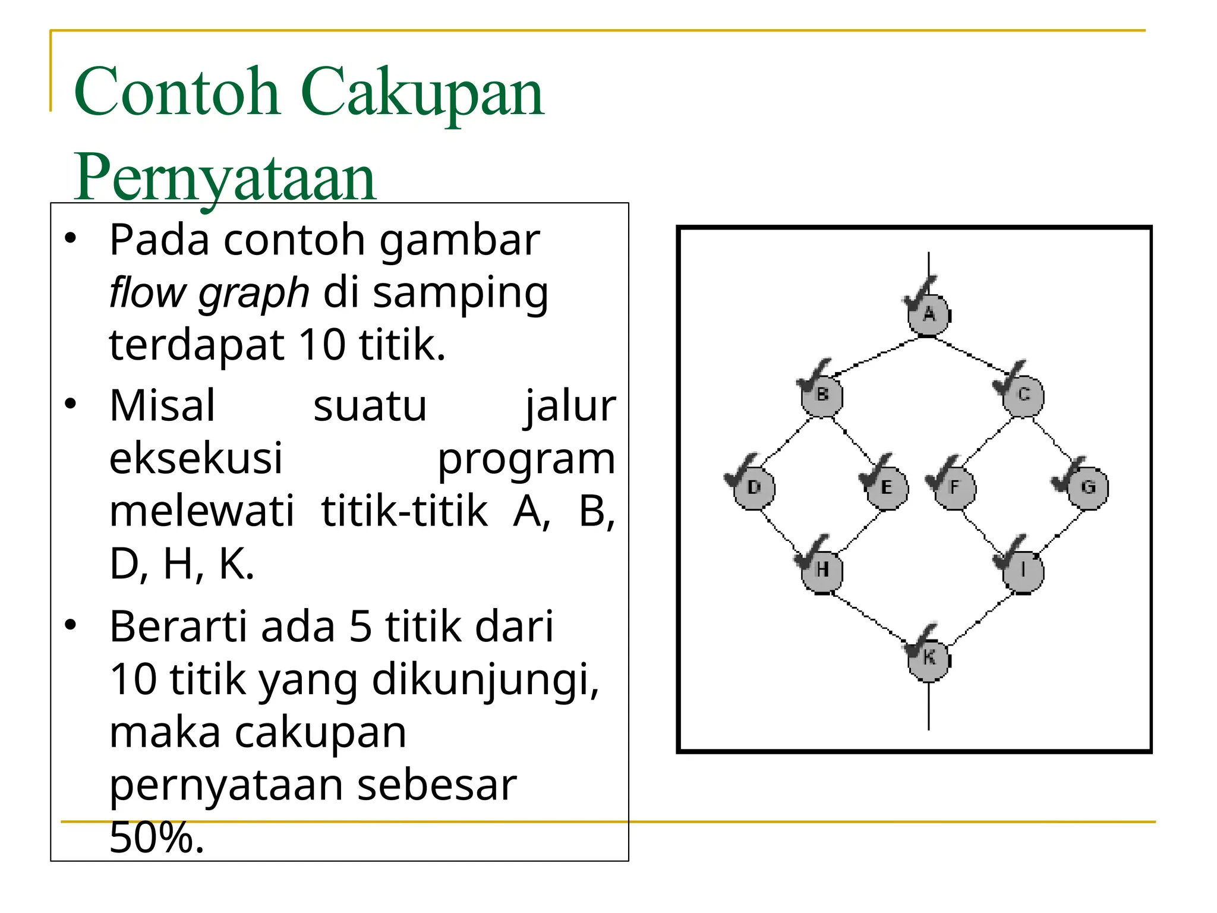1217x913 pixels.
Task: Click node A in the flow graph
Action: pos(929,314)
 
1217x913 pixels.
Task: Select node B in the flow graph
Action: pos(822,395)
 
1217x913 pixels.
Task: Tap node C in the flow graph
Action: pos(1023,395)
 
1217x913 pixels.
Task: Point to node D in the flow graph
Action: pos(754,488)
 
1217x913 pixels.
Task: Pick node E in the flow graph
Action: pos(887,488)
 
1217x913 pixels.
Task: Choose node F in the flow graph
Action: pos(955,488)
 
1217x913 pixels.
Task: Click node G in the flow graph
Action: pos(1088,488)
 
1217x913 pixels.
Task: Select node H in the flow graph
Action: pos(822,570)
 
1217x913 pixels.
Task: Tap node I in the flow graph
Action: pos(1023,570)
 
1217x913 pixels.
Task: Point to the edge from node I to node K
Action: pos(980,618)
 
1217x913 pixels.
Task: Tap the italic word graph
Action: pos(254,293)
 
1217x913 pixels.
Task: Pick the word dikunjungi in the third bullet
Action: pos(485,679)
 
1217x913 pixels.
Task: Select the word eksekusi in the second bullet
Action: pos(196,458)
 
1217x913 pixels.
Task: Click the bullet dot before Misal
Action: pos(71,404)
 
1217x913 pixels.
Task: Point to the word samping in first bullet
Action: pos(461,293)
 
